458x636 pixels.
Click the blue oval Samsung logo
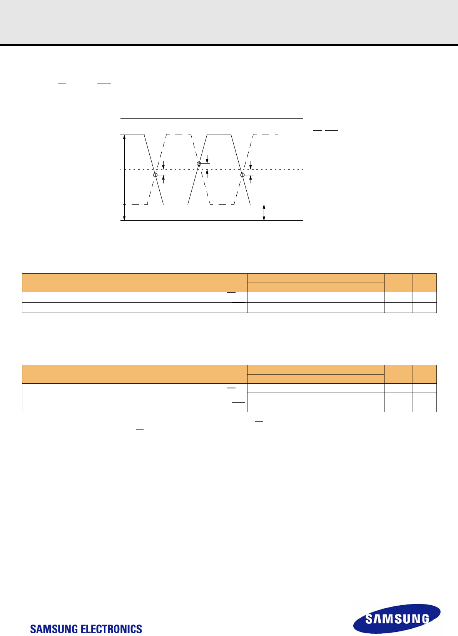tap(397, 618)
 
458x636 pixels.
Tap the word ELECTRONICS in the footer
tap(112, 629)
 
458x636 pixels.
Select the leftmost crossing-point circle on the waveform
tap(155, 175)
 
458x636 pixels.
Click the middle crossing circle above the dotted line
tap(199, 164)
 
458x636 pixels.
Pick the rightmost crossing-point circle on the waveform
tap(242, 175)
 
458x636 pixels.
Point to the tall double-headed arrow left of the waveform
tap(124, 178)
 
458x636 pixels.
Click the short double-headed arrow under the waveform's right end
tap(264, 212)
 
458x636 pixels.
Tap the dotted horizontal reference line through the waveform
tap(212, 170)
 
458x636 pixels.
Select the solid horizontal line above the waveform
tap(212, 119)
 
